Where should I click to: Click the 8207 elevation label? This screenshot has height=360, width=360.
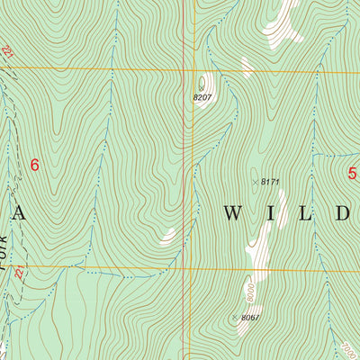click(203, 97)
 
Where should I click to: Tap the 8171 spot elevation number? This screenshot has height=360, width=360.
click(271, 182)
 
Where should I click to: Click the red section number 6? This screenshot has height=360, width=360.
click(35, 165)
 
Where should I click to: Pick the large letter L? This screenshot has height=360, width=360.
click(309, 213)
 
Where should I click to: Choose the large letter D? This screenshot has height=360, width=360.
click(345, 213)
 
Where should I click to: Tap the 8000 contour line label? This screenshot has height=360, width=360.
click(249, 293)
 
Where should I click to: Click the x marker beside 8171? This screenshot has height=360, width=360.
click(254, 182)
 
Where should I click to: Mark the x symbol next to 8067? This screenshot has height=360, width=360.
click(235, 318)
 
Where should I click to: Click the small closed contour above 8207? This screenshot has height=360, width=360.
click(202, 83)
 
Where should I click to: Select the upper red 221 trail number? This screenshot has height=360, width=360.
click(9, 56)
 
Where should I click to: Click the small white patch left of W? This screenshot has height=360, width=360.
click(168, 237)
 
